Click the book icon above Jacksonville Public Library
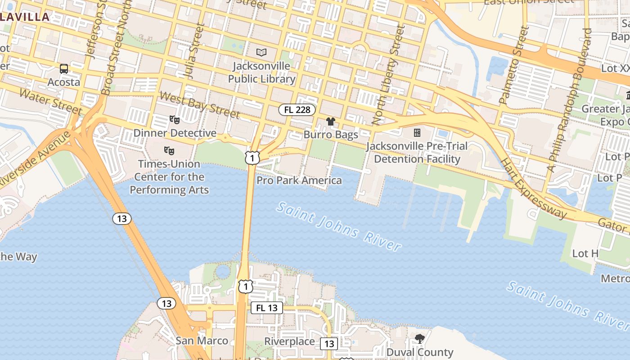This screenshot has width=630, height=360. point(261,52)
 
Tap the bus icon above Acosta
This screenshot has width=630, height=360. point(64,69)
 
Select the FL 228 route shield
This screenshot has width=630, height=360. point(297,110)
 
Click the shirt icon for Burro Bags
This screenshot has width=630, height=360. point(331,121)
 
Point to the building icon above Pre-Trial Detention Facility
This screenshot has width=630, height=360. point(417,133)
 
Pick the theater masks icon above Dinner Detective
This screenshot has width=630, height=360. point(175,120)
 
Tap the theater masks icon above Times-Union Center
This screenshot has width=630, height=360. point(169,150)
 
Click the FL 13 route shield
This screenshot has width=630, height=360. point(267,308)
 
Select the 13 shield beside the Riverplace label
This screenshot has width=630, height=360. point(329,344)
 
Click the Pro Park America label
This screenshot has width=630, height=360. point(299,180)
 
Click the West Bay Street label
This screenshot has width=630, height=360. point(199,105)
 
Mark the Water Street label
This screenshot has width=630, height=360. point(51,102)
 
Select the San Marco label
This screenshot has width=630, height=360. point(202,341)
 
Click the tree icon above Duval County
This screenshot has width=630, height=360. point(420,338)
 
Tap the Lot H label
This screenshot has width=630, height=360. point(585,254)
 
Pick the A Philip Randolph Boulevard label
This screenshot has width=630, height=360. point(568,100)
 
